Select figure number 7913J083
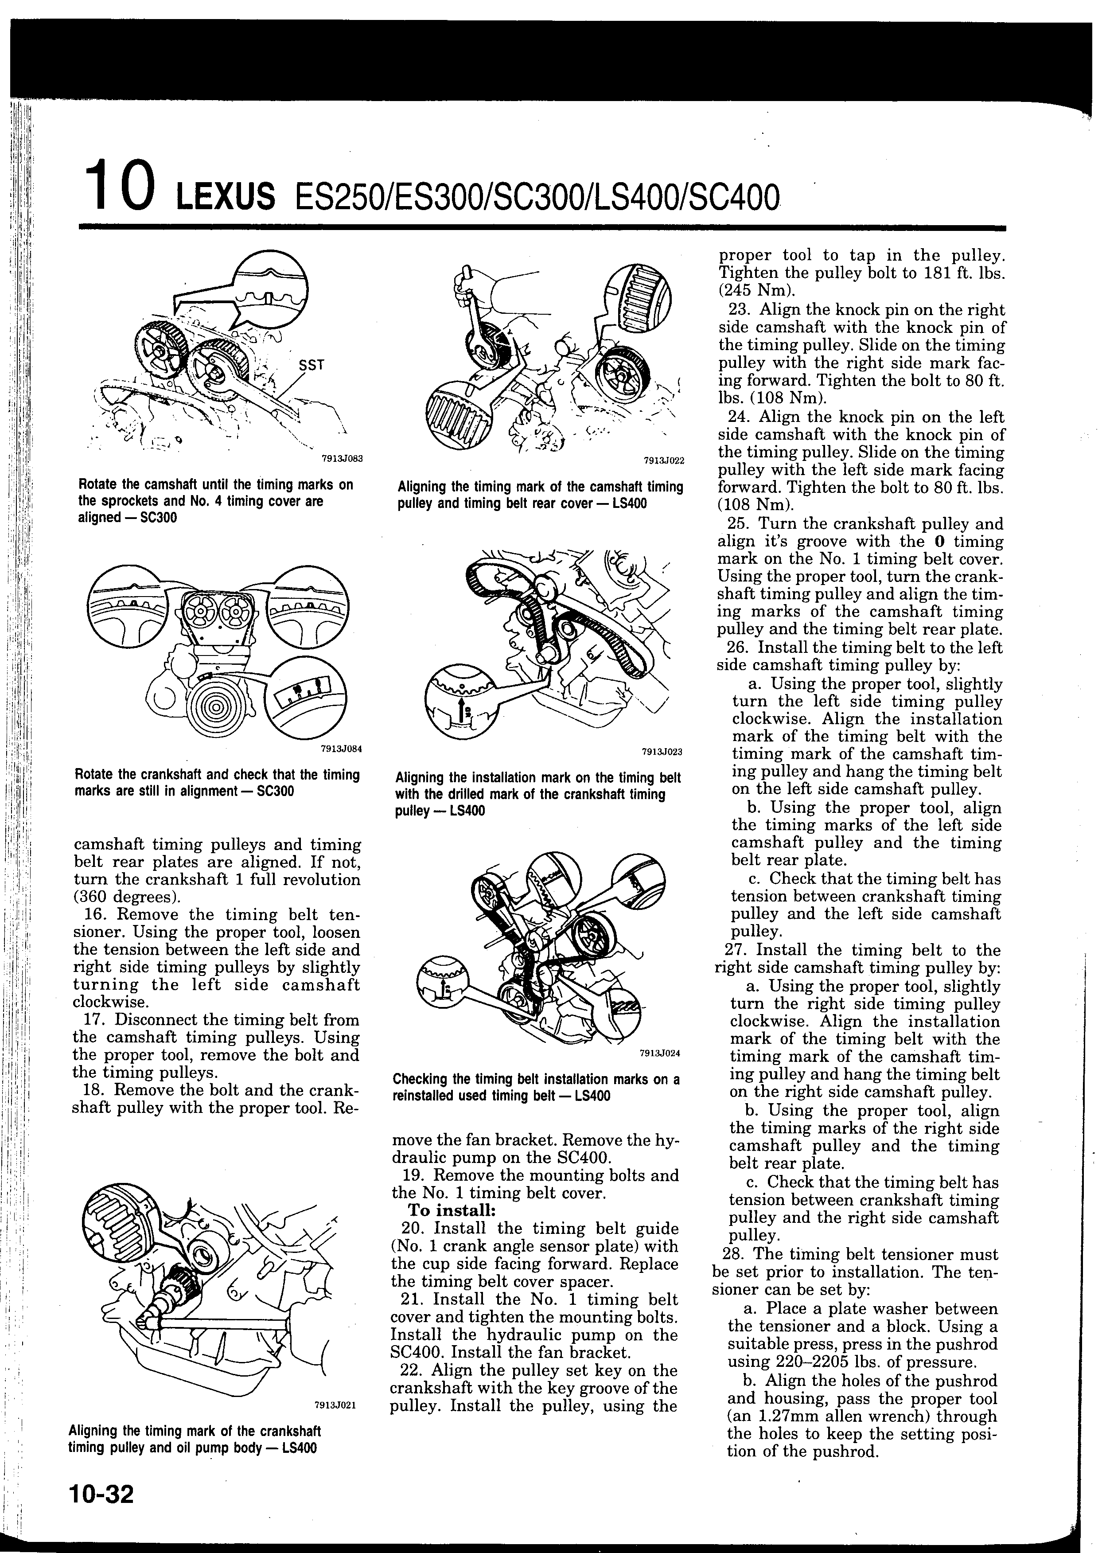(343, 458)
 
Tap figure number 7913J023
(662, 752)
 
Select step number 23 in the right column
(739, 309)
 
